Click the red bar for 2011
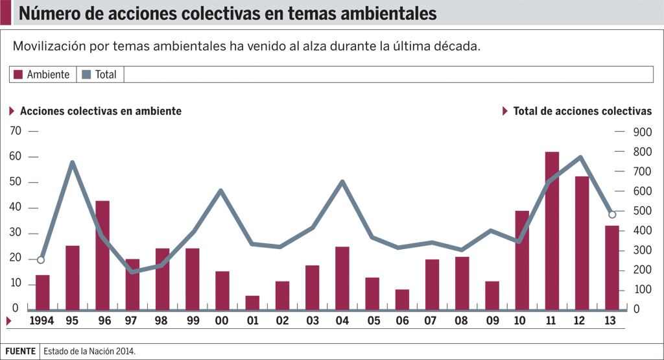tap(552, 230)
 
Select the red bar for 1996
tap(102, 255)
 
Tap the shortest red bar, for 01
tap(252, 302)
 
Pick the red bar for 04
tap(342, 278)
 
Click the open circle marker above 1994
tap(41, 260)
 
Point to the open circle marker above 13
tap(611, 215)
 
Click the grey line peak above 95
tap(73, 162)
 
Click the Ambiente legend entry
tap(42, 75)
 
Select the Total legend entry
tap(100, 75)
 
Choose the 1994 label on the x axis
tap(42, 320)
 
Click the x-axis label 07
tap(432, 320)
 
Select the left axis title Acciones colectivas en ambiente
tap(101, 111)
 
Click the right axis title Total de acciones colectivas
tap(582, 111)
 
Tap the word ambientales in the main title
tap(383, 13)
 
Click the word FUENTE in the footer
tap(21, 352)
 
